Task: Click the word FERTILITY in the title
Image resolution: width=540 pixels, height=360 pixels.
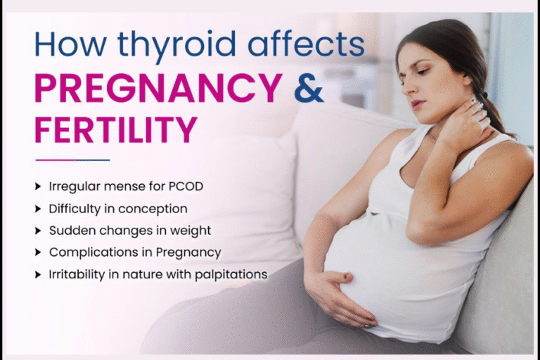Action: tap(115, 129)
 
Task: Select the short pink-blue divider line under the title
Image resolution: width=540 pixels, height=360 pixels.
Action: tap(72, 160)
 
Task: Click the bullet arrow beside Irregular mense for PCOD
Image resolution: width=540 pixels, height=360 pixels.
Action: tap(38, 187)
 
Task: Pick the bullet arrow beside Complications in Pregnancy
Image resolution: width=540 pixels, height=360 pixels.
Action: tap(38, 252)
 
